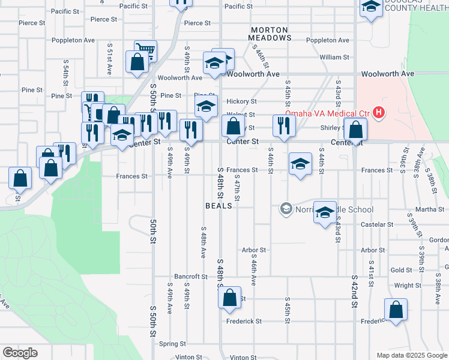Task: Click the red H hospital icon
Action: point(379,112)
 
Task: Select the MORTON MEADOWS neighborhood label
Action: point(270,34)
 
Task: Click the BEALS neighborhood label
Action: point(218,206)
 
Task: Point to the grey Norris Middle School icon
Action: point(286,209)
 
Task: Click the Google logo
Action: point(20,353)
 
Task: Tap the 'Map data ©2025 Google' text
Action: point(411,355)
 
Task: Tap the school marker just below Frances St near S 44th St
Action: point(300,164)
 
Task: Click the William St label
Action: point(335,58)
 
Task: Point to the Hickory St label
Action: point(241,102)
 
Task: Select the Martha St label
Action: point(433,209)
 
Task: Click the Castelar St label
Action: point(377,224)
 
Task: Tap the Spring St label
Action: point(173,344)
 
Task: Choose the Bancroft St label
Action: point(190,277)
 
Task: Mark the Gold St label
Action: point(401,270)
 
